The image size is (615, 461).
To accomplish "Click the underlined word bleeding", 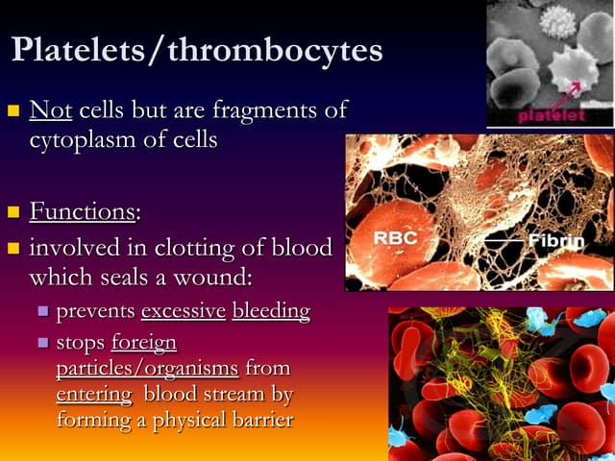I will coord(271,311).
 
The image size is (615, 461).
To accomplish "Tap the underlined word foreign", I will coord(144,342).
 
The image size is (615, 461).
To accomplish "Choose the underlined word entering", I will coord(94,395).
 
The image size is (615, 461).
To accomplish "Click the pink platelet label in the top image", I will coord(551,116).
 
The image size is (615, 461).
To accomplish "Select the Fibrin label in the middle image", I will coord(556,240).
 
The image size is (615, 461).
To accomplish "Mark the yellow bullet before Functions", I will coord(13,211).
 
